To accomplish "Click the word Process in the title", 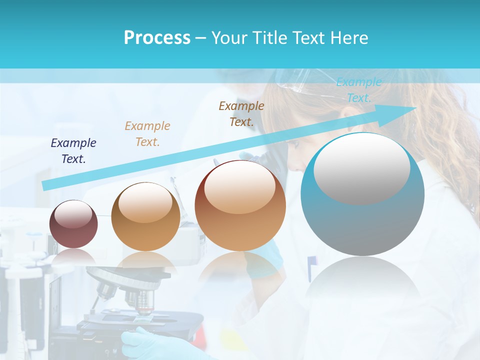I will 157,38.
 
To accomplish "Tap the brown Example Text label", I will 241,113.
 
